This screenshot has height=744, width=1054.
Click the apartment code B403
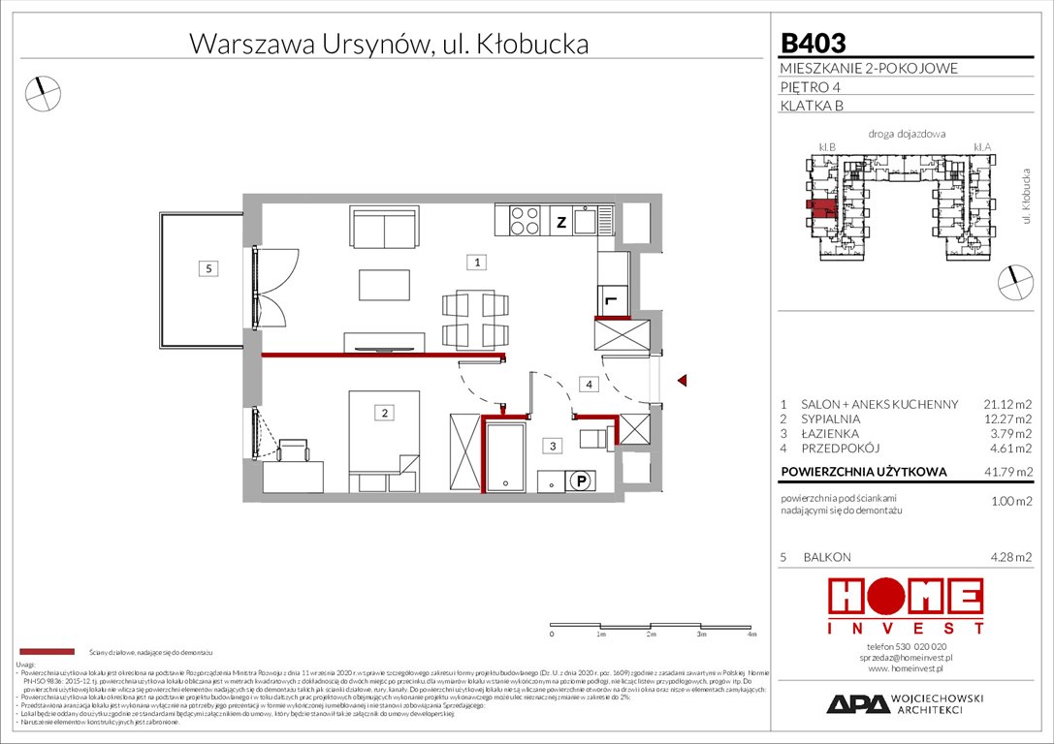click(x=814, y=43)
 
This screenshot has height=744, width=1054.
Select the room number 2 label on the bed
click(x=385, y=414)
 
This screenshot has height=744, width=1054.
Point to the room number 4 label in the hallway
click(x=589, y=385)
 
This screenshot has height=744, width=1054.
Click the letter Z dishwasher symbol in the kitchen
click(x=560, y=222)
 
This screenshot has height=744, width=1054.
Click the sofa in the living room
click(x=386, y=230)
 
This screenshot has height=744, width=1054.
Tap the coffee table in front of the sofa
click(x=385, y=285)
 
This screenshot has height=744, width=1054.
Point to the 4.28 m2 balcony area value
click(x=1011, y=557)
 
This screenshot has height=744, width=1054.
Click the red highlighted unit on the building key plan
click(x=820, y=207)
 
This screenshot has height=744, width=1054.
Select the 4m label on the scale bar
click(x=751, y=635)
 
